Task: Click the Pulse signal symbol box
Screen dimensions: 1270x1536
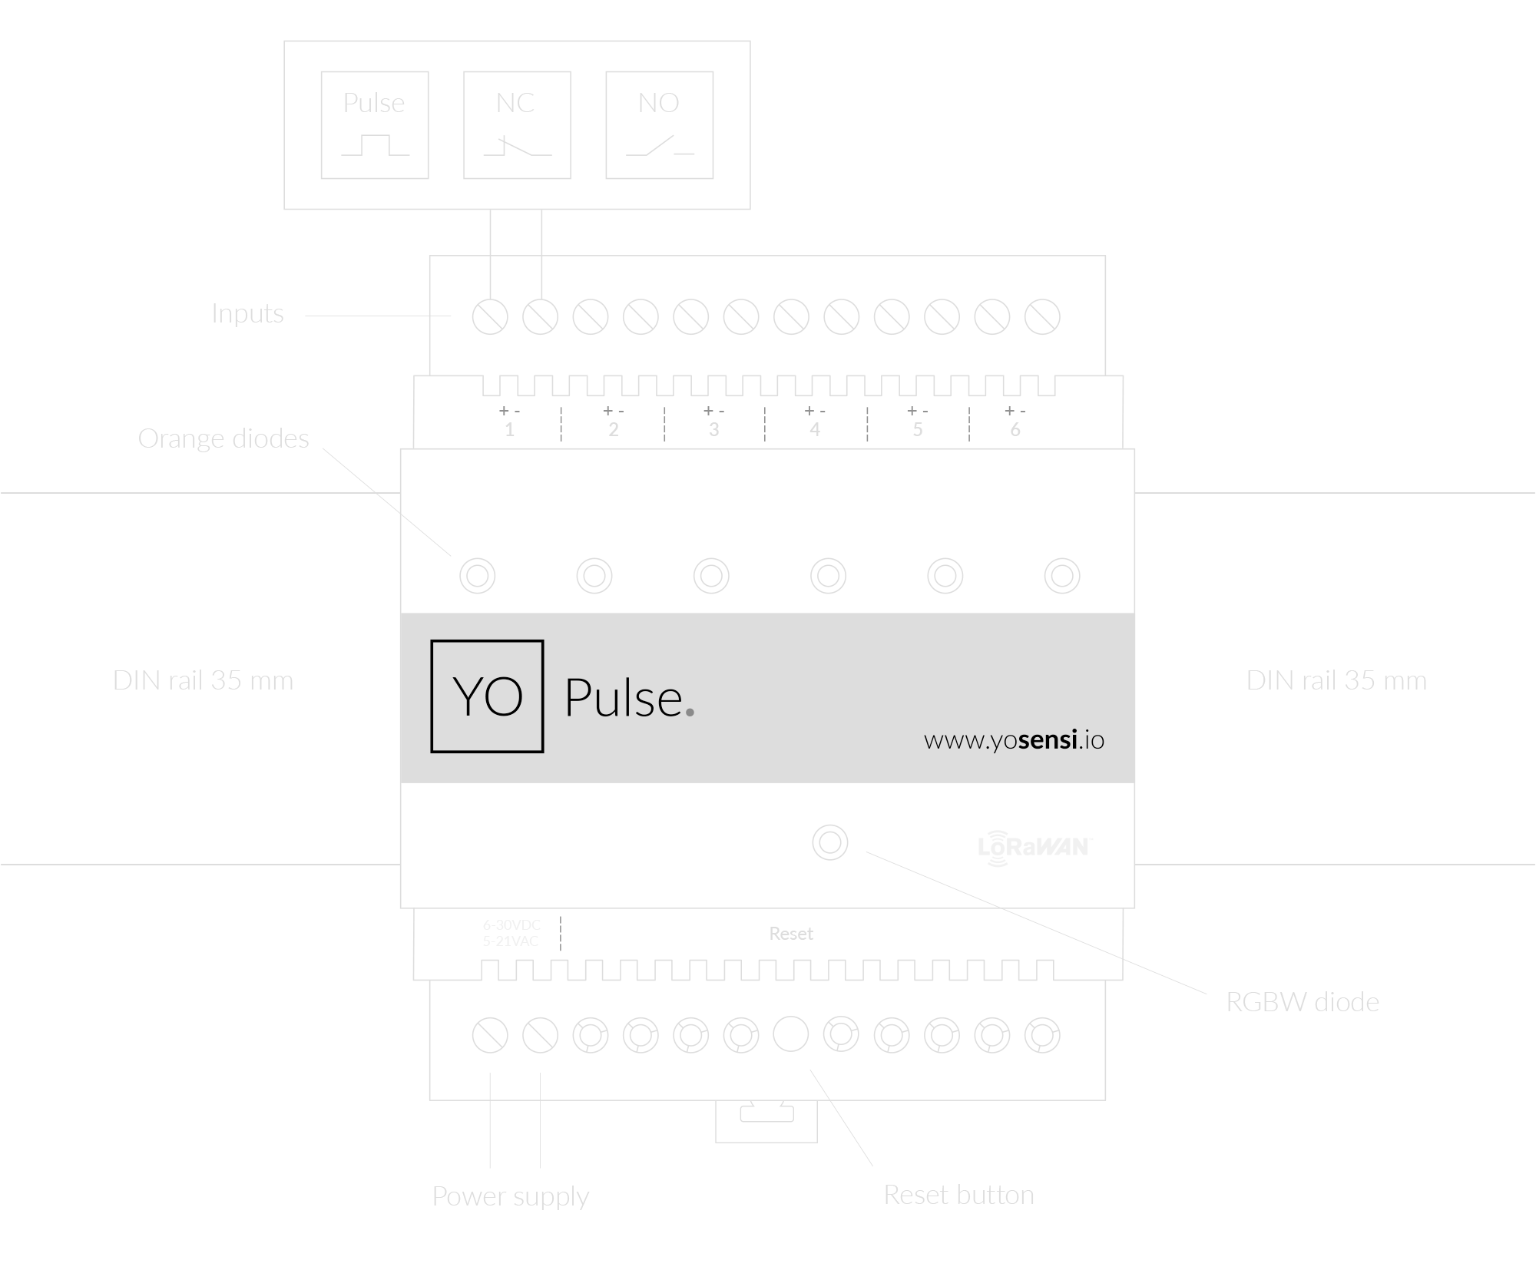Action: pyautogui.click(x=374, y=125)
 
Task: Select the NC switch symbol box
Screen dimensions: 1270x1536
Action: pyautogui.click(x=517, y=125)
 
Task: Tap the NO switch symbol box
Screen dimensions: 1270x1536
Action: pyautogui.click(x=659, y=125)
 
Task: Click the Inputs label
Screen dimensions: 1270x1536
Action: pyautogui.click(x=247, y=313)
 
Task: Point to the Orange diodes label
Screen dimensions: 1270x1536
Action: pyautogui.click(x=223, y=438)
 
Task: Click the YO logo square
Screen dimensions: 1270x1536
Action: pyautogui.click(x=487, y=696)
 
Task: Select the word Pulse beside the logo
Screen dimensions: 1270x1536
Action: pyautogui.click(x=624, y=698)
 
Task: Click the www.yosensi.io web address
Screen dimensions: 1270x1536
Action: pyautogui.click(x=1014, y=739)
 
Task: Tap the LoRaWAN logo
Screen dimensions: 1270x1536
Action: pyautogui.click(x=1034, y=847)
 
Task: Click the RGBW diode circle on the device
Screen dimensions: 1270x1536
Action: pyautogui.click(x=829, y=842)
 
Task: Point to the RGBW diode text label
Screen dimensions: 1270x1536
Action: pyautogui.click(x=1302, y=1002)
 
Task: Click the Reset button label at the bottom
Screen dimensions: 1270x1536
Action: pyautogui.click(x=958, y=1195)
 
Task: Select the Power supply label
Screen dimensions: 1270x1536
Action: pyautogui.click(x=510, y=1196)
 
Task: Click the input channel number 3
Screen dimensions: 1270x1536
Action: pyautogui.click(x=713, y=430)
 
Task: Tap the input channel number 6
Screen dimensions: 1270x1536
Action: pyautogui.click(x=1015, y=430)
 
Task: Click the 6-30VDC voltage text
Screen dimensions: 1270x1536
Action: pyautogui.click(x=511, y=924)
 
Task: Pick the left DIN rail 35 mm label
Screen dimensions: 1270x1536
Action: pyautogui.click(x=203, y=680)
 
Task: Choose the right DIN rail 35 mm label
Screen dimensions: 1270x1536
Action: pyautogui.click(x=1336, y=680)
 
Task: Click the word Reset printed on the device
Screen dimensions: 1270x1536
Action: pyautogui.click(x=790, y=934)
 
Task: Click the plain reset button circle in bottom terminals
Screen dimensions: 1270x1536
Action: pyautogui.click(x=790, y=1034)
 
